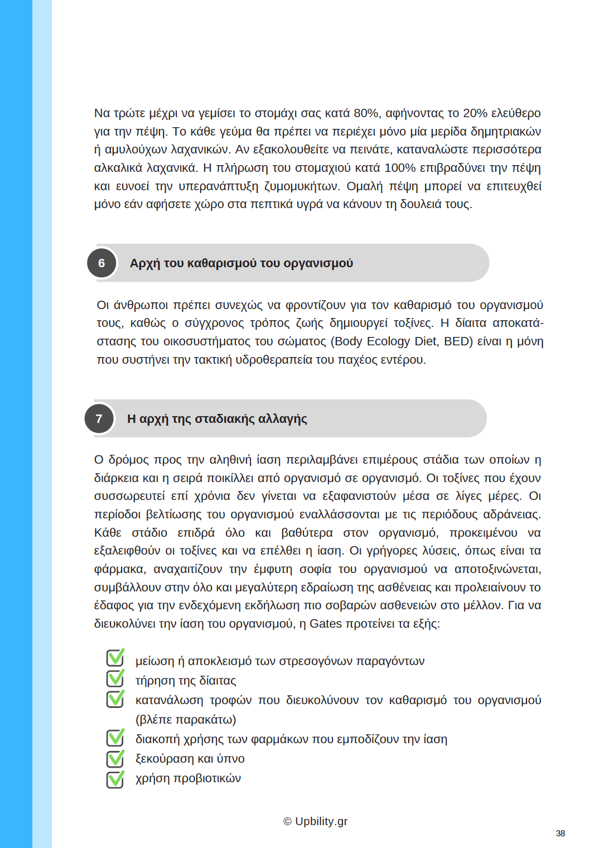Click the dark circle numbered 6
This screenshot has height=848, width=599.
pyautogui.click(x=102, y=263)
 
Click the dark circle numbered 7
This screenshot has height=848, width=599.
pyautogui.click(x=99, y=419)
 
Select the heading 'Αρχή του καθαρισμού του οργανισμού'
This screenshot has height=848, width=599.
pyautogui.click(x=241, y=263)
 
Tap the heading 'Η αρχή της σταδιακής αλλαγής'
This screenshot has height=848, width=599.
pyautogui.click(x=217, y=419)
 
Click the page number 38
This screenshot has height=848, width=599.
pyautogui.click(x=560, y=833)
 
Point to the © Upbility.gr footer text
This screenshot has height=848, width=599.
pyautogui.click(x=315, y=821)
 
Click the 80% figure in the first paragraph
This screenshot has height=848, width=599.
pyautogui.click(x=366, y=113)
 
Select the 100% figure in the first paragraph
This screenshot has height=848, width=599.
pyautogui.click(x=400, y=168)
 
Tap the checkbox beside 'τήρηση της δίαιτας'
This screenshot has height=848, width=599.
pyautogui.click(x=115, y=679)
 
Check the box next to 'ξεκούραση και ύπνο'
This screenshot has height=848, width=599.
pyautogui.click(x=115, y=758)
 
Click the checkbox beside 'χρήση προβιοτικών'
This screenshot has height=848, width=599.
pyautogui.click(x=115, y=778)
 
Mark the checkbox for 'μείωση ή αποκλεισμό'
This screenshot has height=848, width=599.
pyautogui.click(x=115, y=658)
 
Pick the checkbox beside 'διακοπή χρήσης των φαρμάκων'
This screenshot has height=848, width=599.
pyautogui.click(x=115, y=738)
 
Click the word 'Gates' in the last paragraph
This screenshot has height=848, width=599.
pyautogui.click(x=325, y=624)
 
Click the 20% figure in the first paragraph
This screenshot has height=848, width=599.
pyautogui.click(x=475, y=113)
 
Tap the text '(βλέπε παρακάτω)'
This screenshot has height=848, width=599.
pyautogui.click(x=186, y=720)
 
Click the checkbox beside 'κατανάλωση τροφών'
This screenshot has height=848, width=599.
pyautogui.click(x=115, y=699)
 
